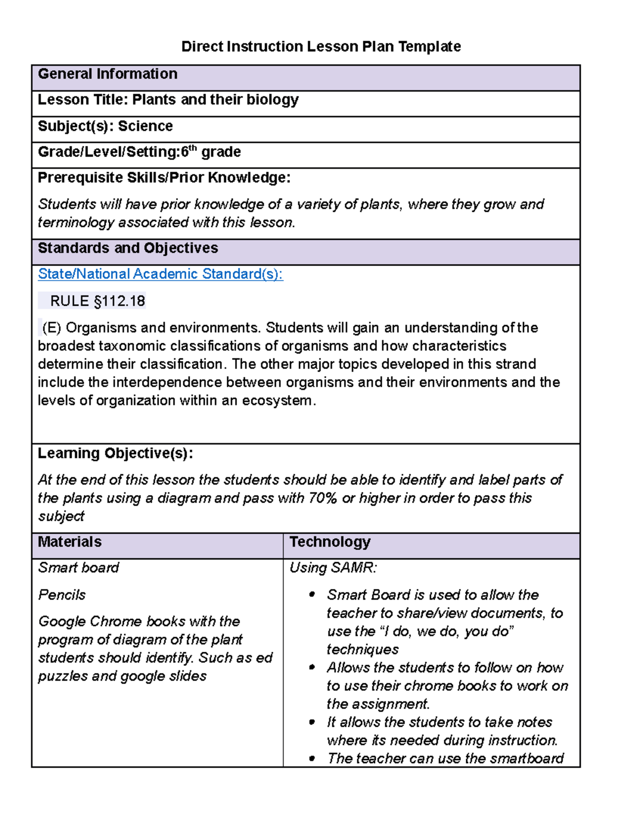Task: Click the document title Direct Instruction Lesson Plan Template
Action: (x=321, y=47)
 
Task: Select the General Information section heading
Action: (x=107, y=74)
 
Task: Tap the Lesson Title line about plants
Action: (x=168, y=100)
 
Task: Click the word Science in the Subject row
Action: (x=145, y=126)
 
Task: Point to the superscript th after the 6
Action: (x=193, y=149)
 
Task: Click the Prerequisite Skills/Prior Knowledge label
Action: (x=164, y=178)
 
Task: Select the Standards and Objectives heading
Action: (x=128, y=248)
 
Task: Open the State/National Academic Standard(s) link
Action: (x=160, y=274)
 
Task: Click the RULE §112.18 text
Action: (x=97, y=301)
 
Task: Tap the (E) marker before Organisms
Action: (x=51, y=328)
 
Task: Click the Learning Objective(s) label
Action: (x=115, y=453)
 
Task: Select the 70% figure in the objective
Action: (x=323, y=498)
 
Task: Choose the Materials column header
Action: (x=70, y=542)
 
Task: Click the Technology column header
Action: (x=330, y=542)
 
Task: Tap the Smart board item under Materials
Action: (x=79, y=567)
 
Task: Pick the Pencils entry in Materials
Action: (x=62, y=595)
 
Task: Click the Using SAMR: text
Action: (x=333, y=567)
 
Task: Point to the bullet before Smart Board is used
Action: (x=312, y=594)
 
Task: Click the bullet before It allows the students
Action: (x=312, y=722)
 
